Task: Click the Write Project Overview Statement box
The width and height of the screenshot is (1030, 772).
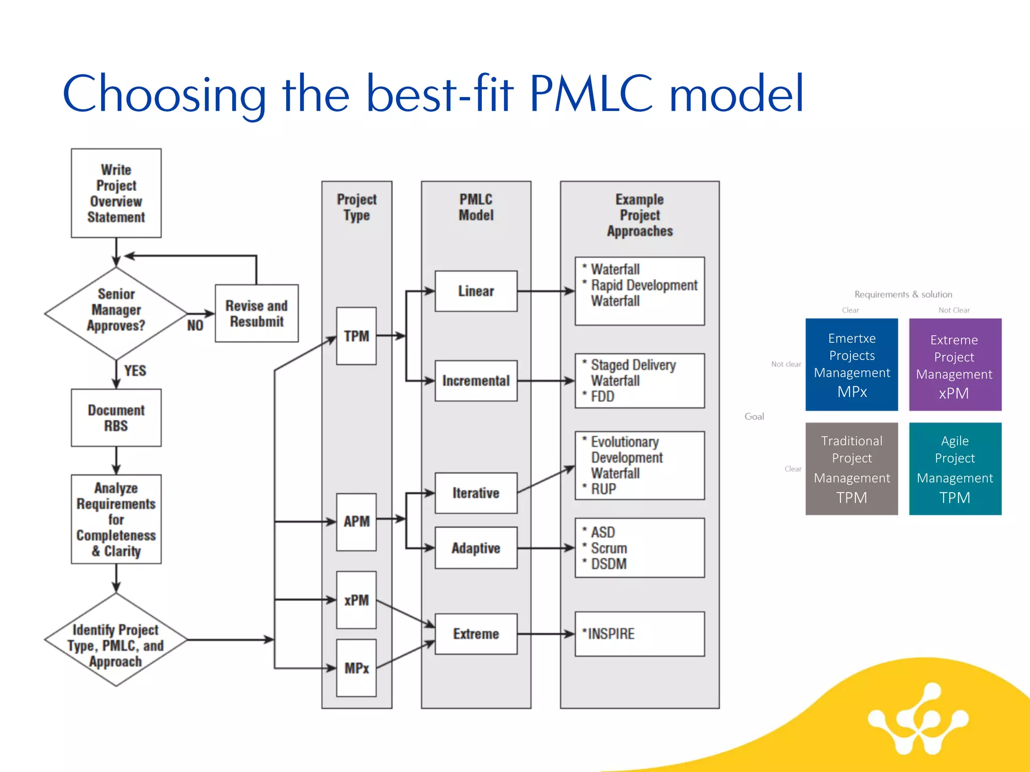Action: point(116,193)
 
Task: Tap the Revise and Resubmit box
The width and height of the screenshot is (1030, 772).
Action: point(256,314)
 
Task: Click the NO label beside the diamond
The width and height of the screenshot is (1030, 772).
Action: point(195,326)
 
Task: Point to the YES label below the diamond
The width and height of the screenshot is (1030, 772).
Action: point(135,371)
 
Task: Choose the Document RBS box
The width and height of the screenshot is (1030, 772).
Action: point(116,418)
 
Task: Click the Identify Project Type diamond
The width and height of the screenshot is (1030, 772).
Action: point(116,640)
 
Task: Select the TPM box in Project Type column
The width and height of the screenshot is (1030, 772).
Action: point(356,336)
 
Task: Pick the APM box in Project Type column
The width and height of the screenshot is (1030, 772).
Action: point(356,522)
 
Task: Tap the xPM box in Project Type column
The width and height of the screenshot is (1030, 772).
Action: point(356,600)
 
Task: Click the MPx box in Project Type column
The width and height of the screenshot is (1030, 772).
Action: point(356,668)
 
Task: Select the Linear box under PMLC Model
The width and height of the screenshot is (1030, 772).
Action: point(476,291)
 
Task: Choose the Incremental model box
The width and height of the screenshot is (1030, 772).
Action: point(476,380)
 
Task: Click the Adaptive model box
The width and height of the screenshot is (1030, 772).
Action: point(476,548)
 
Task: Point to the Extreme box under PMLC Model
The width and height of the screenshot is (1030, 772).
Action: point(476,634)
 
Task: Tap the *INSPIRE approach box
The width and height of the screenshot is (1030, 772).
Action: point(639,634)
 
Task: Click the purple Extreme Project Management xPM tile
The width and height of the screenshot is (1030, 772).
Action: point(955,365)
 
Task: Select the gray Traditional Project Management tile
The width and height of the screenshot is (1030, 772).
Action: point(851,468)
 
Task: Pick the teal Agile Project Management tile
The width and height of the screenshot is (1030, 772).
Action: point(955,468)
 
